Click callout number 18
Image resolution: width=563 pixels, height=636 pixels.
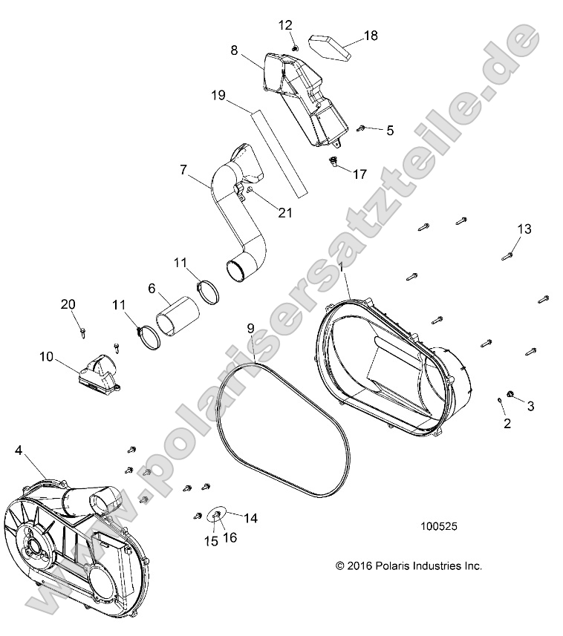[370, 36]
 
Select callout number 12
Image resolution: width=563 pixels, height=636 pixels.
[286, 24]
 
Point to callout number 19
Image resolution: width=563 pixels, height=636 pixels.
[218, 95]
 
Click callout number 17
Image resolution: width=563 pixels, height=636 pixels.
[359, 174]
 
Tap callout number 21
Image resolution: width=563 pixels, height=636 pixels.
[285, 213]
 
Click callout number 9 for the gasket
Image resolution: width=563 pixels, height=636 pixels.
[251, 327]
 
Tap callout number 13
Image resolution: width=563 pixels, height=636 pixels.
[524, 229]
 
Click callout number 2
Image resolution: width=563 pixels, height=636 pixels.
[507, 424]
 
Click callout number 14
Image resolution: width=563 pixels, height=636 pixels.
[250, 518]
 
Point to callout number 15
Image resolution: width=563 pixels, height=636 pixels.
[211, 541]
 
